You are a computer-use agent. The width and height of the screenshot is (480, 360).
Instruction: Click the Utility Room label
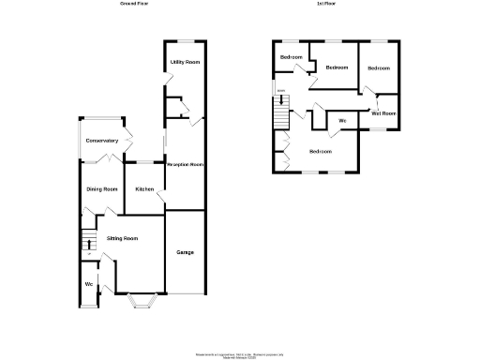tap(185, 62)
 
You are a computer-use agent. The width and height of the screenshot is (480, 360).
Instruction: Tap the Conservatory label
tap(101, 141)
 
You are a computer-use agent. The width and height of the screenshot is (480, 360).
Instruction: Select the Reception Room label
tap(185, 164)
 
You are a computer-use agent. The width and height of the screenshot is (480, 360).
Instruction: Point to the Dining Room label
tap(101, 189)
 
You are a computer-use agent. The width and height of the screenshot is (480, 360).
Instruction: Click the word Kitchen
tap(144, 189)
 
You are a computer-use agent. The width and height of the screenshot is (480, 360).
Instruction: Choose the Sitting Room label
tap(122, 239)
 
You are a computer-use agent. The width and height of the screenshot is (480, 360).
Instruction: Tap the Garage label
tap(185, 252)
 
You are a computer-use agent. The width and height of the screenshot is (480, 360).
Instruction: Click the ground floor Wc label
tap(88, 284)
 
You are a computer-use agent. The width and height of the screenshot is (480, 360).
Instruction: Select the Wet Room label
tap(383, 113)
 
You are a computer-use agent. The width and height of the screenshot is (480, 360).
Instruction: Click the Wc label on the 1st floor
tap(342, 122)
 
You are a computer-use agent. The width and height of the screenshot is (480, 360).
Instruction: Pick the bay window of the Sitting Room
tap(141, 300)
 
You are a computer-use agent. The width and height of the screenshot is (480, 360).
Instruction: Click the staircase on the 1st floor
tap(278, 116)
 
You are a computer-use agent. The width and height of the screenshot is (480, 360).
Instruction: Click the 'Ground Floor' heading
tap(134, 4)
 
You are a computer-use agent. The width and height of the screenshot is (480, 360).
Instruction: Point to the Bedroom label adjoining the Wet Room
tap(379, 68)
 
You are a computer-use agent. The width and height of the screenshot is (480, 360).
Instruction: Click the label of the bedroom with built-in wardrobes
tap(321, 151)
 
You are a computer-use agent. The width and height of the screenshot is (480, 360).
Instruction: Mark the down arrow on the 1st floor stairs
tap(279, 92)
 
